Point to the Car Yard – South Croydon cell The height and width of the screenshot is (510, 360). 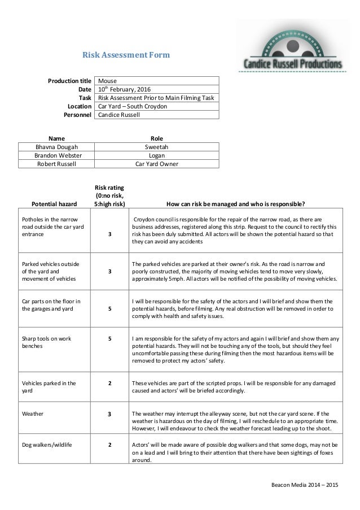coord(133,106)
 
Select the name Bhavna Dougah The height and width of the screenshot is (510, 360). coord(56,146)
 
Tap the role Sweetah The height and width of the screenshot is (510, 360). coord(157,146)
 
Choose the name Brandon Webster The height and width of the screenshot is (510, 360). coord(56,155)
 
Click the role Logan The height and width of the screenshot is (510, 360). coord(157,155)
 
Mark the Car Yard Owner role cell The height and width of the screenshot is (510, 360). coord(157,164)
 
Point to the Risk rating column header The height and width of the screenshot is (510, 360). coord(110,195)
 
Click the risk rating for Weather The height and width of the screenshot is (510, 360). coord(110,415)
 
